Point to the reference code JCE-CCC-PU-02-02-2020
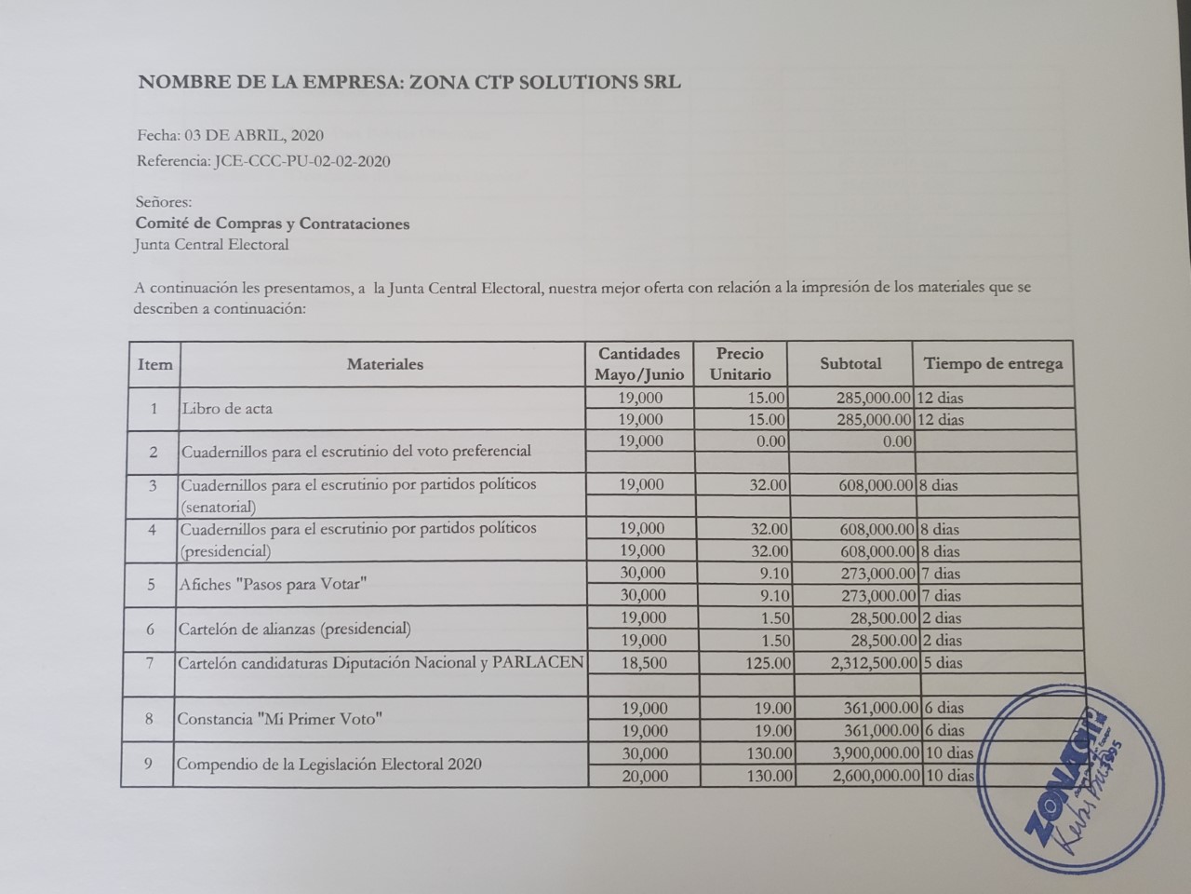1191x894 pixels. (x=301, y=161)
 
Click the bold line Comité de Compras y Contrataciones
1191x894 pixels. (x=273, y=223)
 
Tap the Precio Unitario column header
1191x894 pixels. (x=740, y=364)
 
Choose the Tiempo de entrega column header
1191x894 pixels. (x=993, y=364)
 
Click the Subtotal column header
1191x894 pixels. (x=850, y=364)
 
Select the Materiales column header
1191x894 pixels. (x=384, y=364)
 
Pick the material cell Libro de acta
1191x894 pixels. (x=227, y=409)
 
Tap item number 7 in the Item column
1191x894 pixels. (x=149, y=663)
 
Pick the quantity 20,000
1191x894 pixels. (x=644, y=776)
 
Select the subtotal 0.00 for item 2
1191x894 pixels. (x=897, y=441)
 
